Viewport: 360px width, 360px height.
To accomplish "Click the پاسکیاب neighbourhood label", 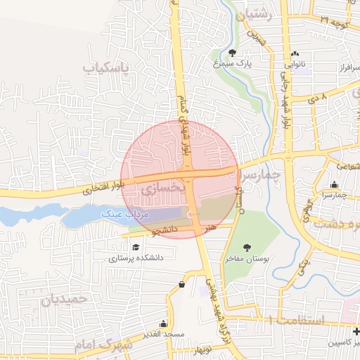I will click(117, 67).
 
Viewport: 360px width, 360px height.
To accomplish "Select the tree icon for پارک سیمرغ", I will click(233, 53).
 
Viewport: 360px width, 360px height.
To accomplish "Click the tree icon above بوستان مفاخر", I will click(247, 247).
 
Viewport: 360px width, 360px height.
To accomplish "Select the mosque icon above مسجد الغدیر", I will click(163, 324).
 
